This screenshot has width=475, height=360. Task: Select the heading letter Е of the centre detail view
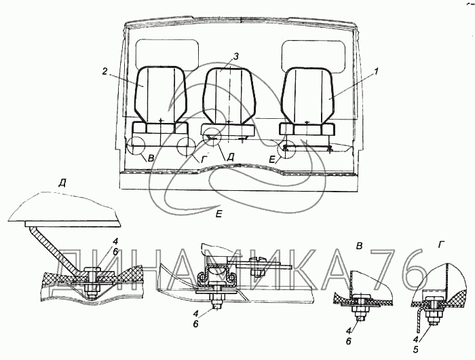(219, 213)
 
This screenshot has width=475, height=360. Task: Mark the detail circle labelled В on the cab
(136, 147)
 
